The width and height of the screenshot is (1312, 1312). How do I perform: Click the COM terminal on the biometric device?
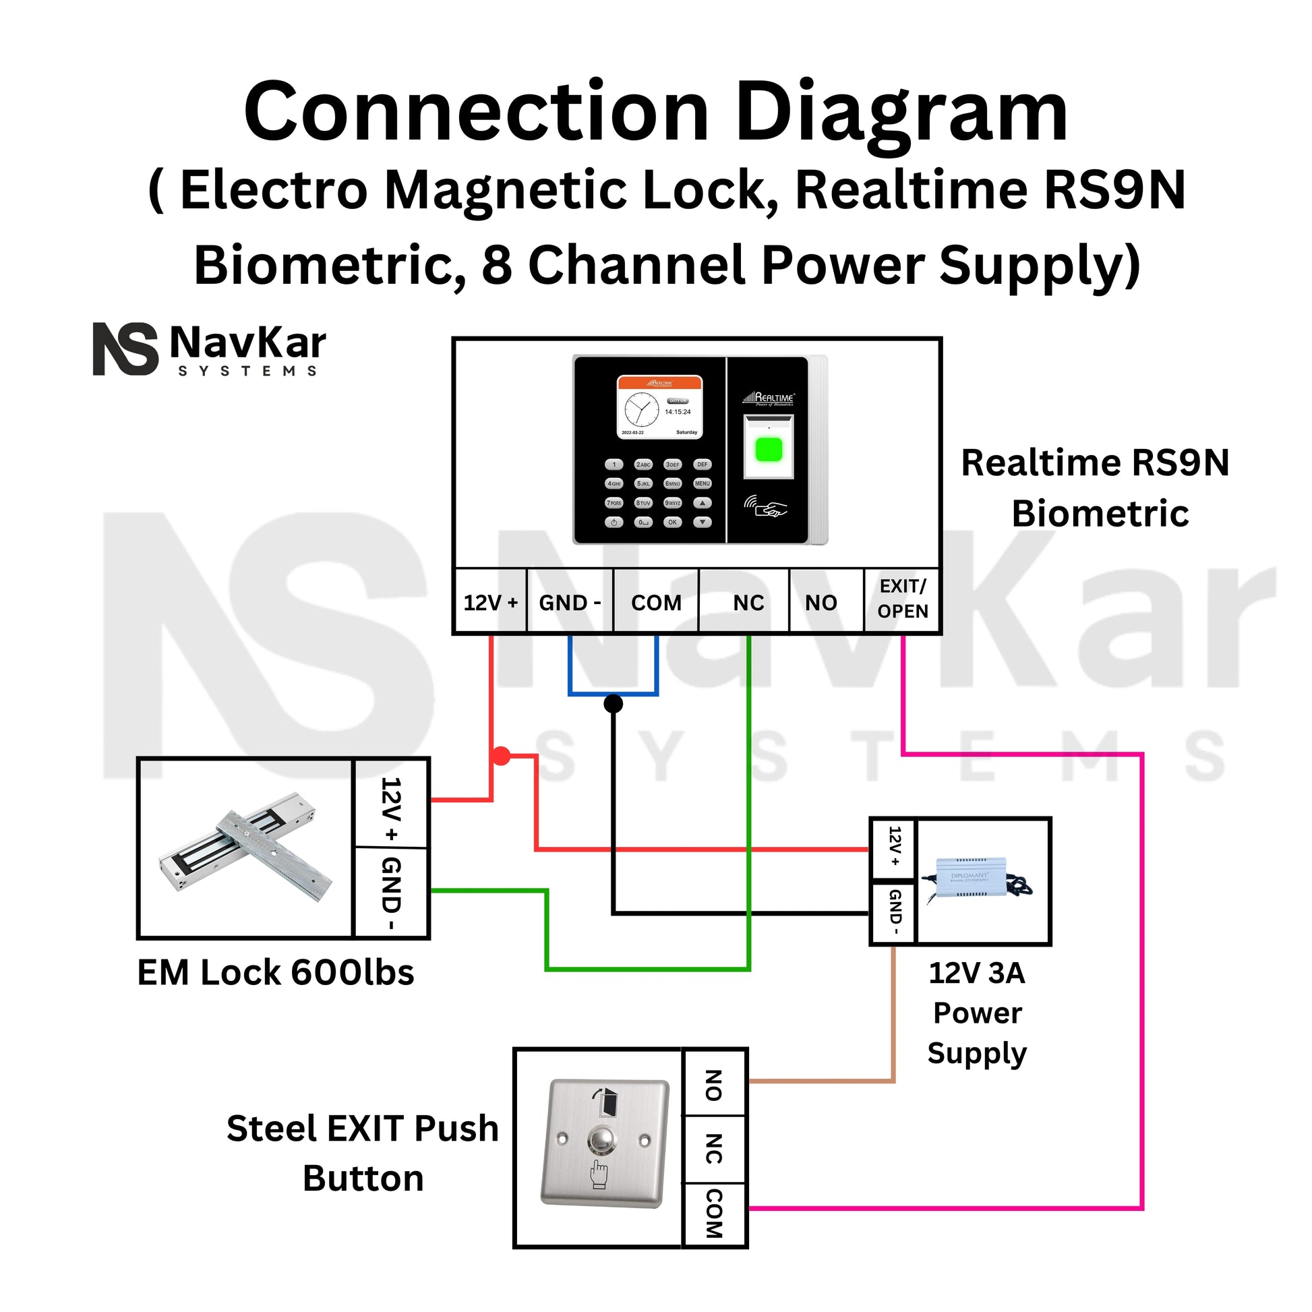[x=656, y=602]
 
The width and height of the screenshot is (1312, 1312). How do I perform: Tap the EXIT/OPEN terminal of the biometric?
[x=902, y=599]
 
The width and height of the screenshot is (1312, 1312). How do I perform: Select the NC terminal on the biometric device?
[x=748, y=602]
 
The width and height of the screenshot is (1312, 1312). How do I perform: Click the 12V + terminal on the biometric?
[x=490, y=602]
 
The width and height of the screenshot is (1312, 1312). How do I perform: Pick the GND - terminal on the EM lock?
[x=392, y=894]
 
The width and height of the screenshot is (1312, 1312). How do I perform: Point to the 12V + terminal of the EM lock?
[x=392, y=808]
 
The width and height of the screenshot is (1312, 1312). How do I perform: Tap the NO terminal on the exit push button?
[x=713, y=1085]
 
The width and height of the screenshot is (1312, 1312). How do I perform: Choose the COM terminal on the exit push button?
[x=713, y=1213]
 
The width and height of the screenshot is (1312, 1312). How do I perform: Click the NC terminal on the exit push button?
[x=713, y=1148]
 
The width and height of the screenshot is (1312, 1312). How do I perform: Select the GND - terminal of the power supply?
[x=895, y=912]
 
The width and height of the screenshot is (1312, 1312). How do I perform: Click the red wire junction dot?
[x=500, y=756]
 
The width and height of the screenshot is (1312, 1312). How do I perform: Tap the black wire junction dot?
[x=613, y=704]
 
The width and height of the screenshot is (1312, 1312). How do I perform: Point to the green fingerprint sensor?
[x=769, y=449]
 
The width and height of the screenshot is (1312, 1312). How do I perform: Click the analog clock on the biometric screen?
[x=641, y=409]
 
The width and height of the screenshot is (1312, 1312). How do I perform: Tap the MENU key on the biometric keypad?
[x=702, y=483]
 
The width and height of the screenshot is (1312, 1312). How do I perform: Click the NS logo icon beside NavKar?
[x=125, y=349]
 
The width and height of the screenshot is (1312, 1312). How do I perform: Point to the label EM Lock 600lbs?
[x=276, y=972]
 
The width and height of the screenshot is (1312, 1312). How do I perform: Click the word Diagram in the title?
[x=902, y=111]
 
